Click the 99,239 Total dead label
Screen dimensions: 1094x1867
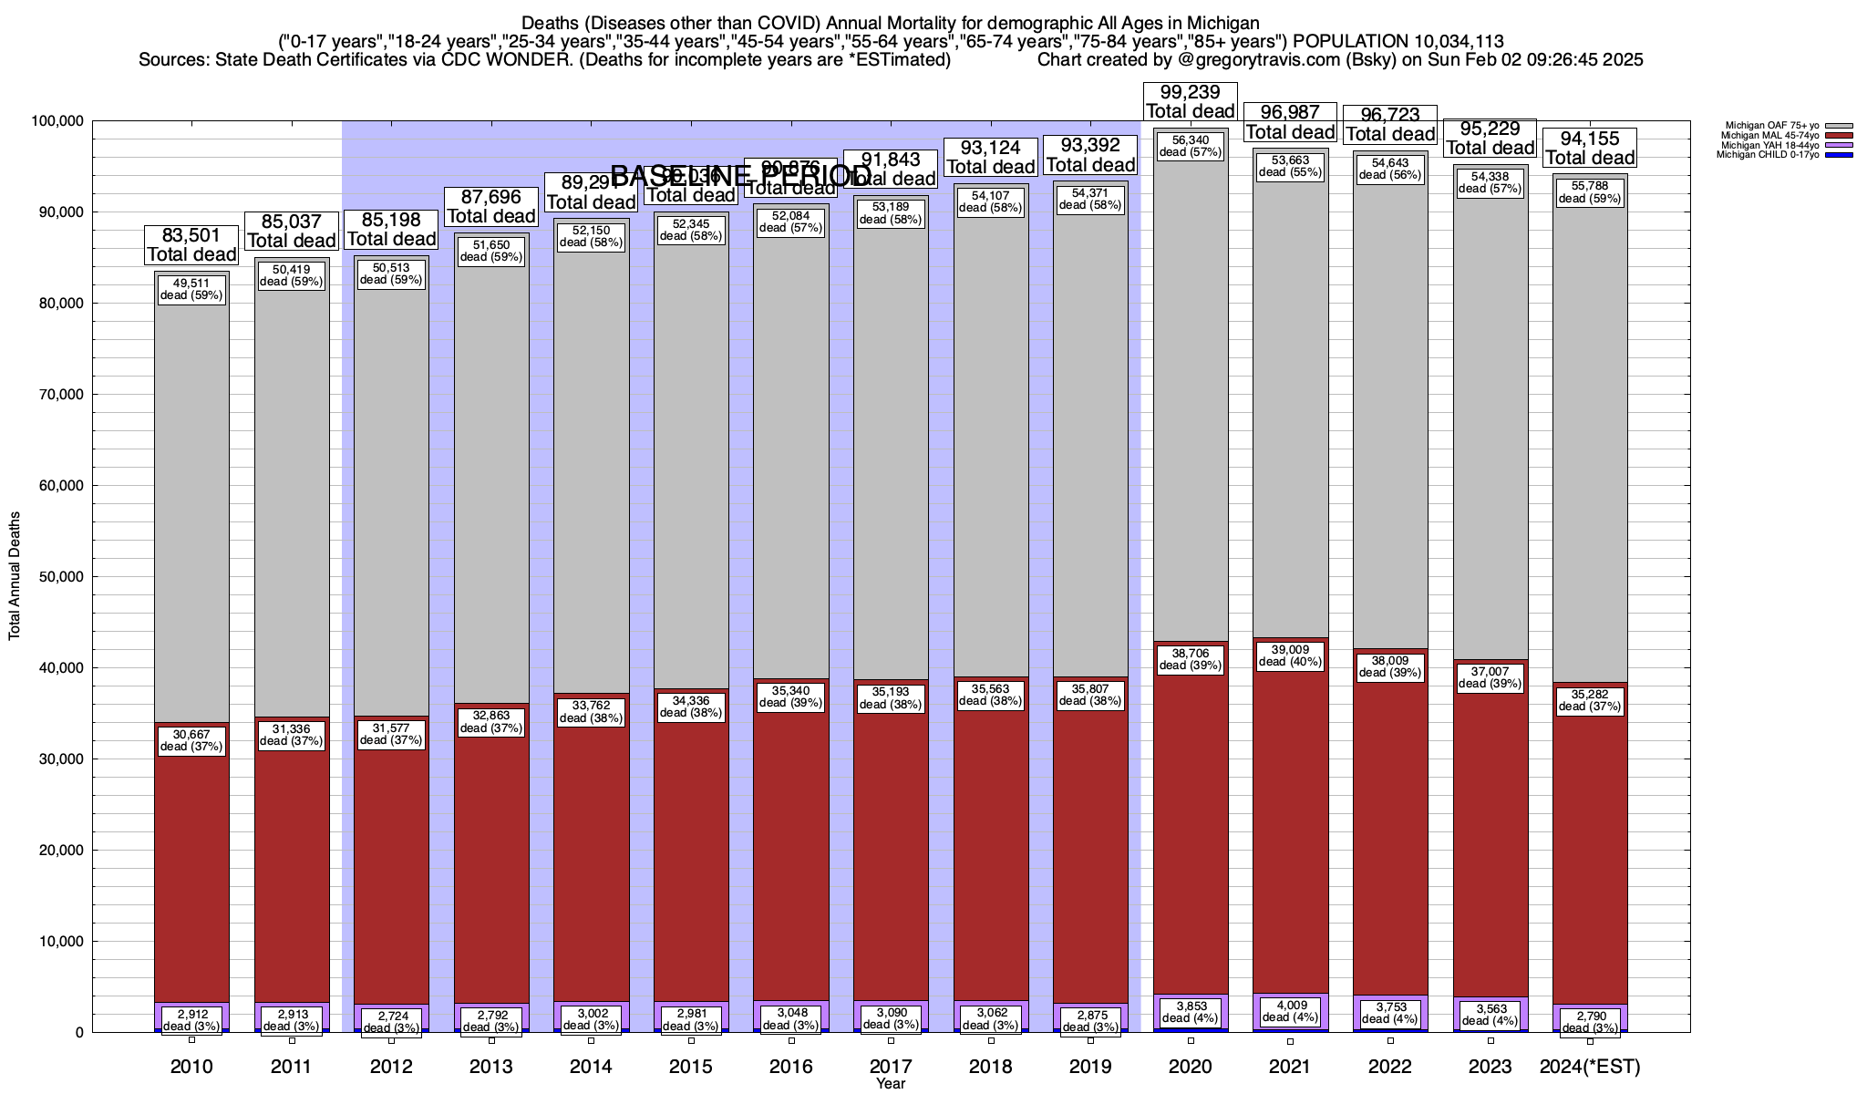coord(1190,101)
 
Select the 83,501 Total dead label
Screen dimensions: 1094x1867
coord(191,245)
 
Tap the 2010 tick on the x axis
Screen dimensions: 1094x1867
coord(191,1067)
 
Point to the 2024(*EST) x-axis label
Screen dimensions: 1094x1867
coord(1590,1067)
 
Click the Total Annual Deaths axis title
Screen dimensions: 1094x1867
coord(15,575)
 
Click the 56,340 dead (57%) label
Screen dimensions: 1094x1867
coord(1190,146)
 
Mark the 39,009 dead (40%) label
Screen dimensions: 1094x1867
coord(1289,655)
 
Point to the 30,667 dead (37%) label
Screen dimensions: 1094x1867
coord(191,740)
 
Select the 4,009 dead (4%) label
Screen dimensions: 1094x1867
coord(1289,1011)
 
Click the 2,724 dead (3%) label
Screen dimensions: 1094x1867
coord(391,1021)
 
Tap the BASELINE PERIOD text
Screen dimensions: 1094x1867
coord(740,175)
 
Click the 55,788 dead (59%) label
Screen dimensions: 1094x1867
coord(1590,191)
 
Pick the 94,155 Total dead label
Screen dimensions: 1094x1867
coord(1590,148)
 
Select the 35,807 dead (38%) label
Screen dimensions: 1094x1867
coord(1090,695)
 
